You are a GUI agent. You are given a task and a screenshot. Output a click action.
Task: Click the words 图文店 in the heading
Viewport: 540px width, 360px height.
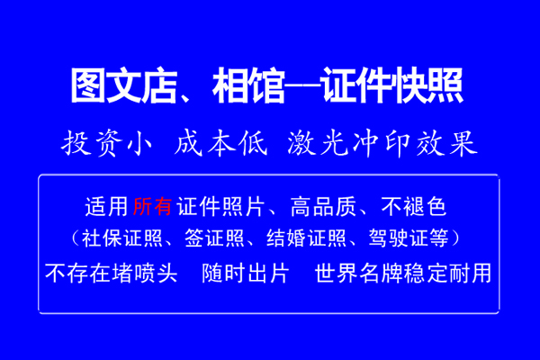pos(124,85)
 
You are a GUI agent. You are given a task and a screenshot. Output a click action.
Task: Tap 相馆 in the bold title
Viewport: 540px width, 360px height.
pos(249,85)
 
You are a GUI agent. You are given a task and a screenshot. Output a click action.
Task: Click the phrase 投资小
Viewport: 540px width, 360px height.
pos(107,143)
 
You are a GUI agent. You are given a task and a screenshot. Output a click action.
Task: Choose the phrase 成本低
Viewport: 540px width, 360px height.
pos(221,143)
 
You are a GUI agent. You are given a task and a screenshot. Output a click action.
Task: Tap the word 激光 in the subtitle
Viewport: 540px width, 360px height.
pos(316,143)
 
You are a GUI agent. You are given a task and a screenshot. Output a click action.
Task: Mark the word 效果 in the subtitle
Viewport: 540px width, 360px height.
pos(447,143)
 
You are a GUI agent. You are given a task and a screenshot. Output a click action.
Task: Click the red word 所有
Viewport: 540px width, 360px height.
pos(153,207)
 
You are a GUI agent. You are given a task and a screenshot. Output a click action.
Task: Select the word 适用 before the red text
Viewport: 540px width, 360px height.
pos(106,207)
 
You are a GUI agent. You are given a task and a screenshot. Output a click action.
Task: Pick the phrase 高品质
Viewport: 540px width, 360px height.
pos(323,207)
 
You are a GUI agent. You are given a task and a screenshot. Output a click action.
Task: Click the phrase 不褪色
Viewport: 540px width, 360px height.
pos(414,207)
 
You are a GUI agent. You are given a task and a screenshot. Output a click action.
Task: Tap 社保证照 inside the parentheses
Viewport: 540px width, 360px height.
pos(122,238)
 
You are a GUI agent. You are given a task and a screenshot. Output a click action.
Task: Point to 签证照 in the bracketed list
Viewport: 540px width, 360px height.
pos(214,238)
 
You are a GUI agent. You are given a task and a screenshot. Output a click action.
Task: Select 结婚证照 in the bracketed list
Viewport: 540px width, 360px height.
pos(306,238)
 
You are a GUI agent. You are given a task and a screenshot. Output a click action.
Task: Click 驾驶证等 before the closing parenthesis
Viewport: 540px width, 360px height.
pos(409,238)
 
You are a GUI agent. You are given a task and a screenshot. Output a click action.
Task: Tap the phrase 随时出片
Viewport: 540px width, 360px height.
pos(246,274)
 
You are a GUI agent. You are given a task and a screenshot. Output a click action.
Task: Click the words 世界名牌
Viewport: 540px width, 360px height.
pos(358,274)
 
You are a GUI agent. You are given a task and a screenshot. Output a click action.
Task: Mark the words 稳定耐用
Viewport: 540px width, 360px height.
pos(447,274)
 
